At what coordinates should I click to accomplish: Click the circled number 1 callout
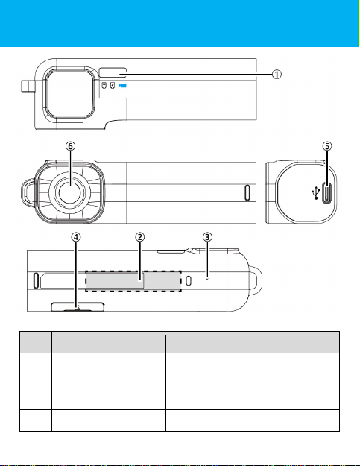[x=277, y=74]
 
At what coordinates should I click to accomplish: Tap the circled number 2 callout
[x=139, y=237]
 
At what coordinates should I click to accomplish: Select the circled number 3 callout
[x=207, y=237]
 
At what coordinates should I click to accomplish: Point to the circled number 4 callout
[x=76, y=237]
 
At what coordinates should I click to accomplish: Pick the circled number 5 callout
[x=327, y=146]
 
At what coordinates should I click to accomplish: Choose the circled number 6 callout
[x=70, y=146]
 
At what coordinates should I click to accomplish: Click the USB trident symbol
[x=316, y=193]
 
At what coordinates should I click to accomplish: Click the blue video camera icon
[x=123, y=86]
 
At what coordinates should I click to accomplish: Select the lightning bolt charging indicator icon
[x=113, y=86]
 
